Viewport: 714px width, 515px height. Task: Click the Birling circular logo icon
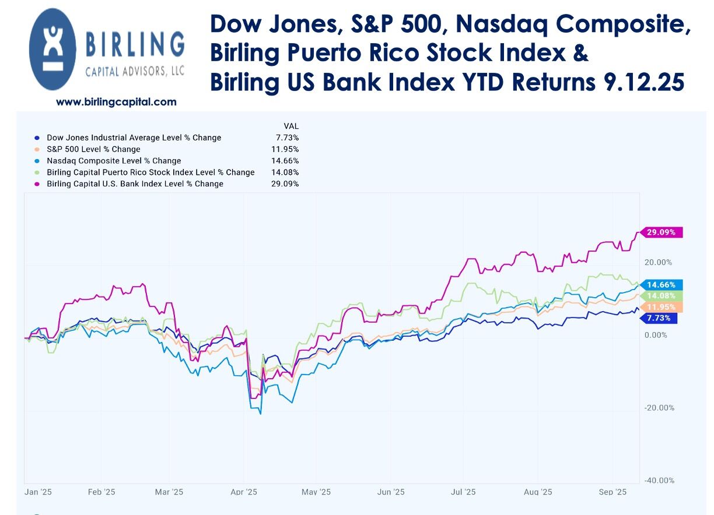(x=52, y=49)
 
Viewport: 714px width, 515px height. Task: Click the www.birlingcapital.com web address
(x=116, y=102)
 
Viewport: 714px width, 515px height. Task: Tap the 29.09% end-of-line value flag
(x=661, y=232)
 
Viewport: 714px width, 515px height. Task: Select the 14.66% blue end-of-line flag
(x=661, y=285)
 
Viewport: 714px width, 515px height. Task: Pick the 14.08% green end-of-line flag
(x=661, y=296)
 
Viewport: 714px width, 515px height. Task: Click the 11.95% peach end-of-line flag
(x=661, y=307)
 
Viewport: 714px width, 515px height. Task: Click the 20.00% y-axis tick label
(x=659, y=263)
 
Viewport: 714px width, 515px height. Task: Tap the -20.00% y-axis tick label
(x=659, y=408)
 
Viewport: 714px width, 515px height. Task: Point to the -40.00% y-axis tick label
(x=659, y=481)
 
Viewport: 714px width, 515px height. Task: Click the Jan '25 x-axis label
(x=38, y=492)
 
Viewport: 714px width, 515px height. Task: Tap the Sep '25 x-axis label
(x=612, y=492)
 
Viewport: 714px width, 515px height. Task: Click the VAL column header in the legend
(x=290, y=126)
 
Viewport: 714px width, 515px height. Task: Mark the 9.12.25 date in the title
(x=642, y=82)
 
